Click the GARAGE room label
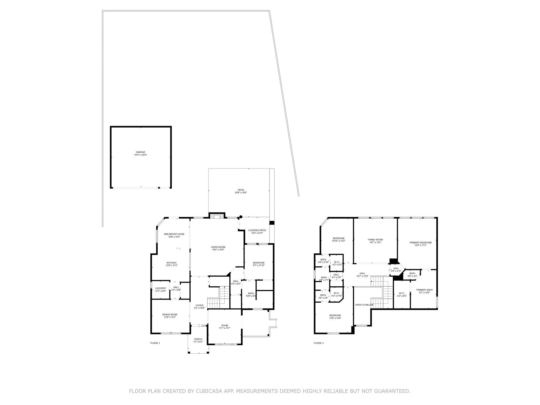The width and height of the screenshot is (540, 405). [x=141, y=152]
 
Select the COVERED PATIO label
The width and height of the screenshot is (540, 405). [x=257, y=230]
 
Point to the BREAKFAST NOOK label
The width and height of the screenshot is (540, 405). [x=174, y=234]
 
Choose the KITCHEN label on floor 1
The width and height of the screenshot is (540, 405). [x=171, y=263]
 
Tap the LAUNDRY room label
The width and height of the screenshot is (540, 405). [x=160, y=288]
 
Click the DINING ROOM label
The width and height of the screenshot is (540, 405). [x=170, y=315]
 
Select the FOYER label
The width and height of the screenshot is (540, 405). [x=200, y=305]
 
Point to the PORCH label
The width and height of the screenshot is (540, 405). [x=198, y=339]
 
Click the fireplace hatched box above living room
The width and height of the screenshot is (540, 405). [x=217, y=217]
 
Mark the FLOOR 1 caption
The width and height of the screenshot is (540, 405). [x=155, y=343]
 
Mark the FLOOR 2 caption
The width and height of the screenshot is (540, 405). [x=319, y=343]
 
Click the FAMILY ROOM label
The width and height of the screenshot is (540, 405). [x=375, y=240]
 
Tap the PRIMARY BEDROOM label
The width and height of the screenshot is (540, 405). [x=420, y=243]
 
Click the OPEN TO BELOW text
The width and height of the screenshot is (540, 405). [x=364, y=305]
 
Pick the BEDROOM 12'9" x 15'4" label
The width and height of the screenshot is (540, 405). [x=335, y=315]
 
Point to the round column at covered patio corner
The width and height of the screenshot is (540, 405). [x=241, y=217]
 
